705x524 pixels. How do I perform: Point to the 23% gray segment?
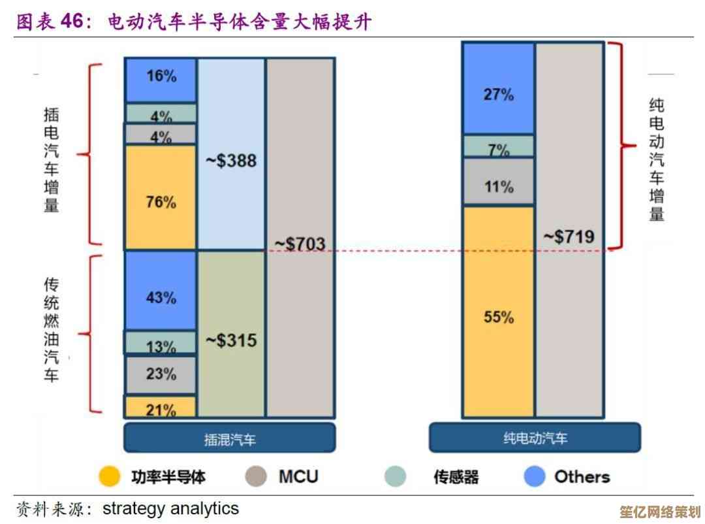click(161, 374)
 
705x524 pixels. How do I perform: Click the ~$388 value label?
click(231, 161)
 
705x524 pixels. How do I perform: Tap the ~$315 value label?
click(231, 340)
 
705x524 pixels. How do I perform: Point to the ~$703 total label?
click(300, 244)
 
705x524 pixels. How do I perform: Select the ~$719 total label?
click(569, 237)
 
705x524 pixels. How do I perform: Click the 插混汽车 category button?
click(230, 438)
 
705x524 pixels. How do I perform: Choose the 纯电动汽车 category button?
click(535, 438)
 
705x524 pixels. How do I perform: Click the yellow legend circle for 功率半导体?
click(110, 477)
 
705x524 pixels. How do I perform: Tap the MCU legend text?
click(298, 477)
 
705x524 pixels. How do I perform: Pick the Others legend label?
click(582, 477)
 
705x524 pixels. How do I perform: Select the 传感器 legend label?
click(456, 477)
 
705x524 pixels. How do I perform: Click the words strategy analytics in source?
click(171, 508)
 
